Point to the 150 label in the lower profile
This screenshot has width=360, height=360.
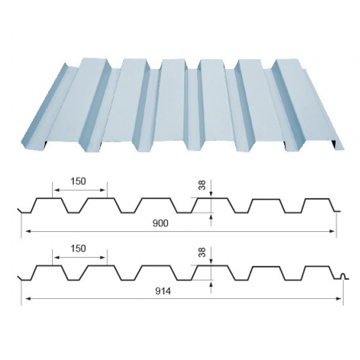tap(79, 248)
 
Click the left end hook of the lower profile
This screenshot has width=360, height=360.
tap(21, 279)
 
